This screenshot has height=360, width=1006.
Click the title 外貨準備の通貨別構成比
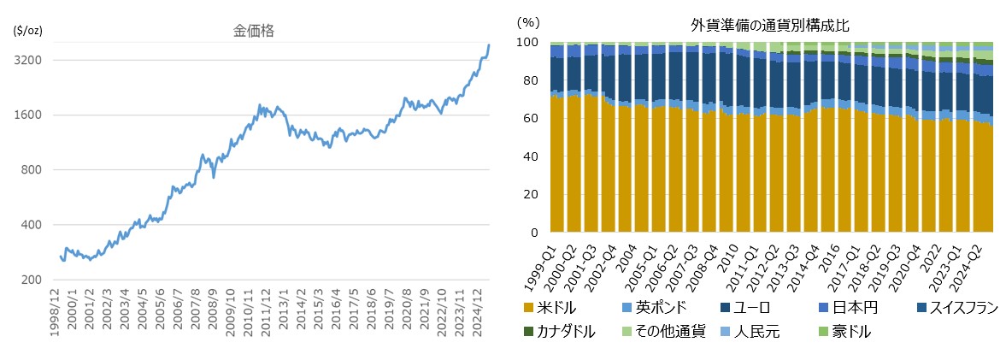click(x=770, y=26)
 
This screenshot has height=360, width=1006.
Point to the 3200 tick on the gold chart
click(x=30, y=60)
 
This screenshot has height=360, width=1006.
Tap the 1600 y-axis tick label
click(x=30, y=115)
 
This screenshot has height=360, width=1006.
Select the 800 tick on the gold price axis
click(x=32, y=170)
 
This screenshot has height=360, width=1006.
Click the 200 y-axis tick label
click(x=32, y=280)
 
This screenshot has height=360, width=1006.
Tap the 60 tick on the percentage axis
click(x=531, y=119)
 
